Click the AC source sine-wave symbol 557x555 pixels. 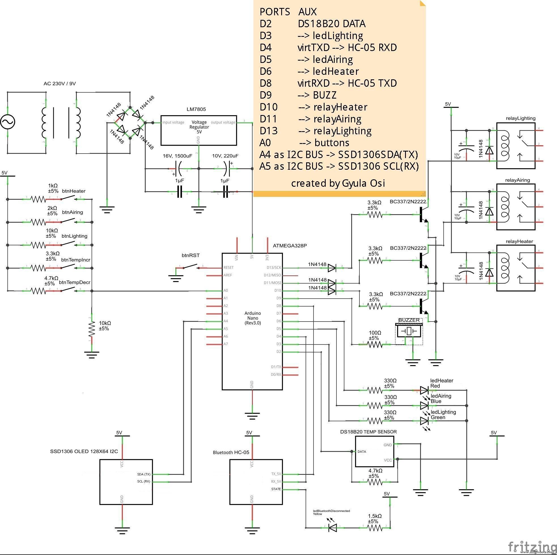tap(7, 122)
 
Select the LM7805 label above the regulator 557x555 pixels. tap(196, 109)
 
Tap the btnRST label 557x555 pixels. tap(190, 255)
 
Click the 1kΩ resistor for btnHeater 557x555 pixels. tap(38, 199)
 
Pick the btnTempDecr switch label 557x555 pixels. tap(75, 282)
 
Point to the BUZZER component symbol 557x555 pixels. tap(409, 331)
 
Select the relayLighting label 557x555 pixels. tap(520, 118)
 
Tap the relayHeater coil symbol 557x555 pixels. tap(505, 268)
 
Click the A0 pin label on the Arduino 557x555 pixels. tap(225, 290)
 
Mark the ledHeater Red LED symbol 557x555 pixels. tap(424, 390)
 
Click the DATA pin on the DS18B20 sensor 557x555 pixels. tap(361, 452)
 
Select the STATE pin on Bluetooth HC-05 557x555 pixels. tap(276, 489)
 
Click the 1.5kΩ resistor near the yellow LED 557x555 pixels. tap(374, 528)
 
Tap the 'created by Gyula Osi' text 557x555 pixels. tap(338, 183)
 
